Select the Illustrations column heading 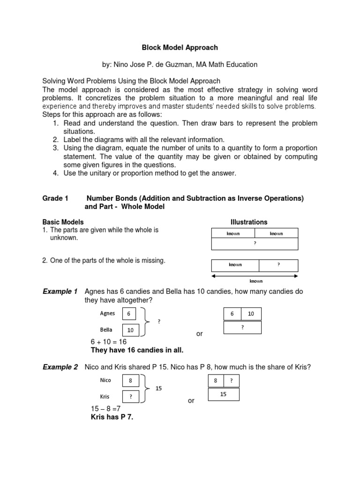click(248, 222)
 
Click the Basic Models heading click(63, 222)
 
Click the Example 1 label click(60, 292)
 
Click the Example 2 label click(60, 367)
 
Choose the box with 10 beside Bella click(130, 330)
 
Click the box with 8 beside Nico click(131, 381)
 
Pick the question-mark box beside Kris click(131, 397)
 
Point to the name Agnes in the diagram click(107, 313)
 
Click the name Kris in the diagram click(105, 397)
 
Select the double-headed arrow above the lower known click(255, 276)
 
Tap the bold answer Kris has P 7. click(112, 417)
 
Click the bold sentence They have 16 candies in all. click(136, 350)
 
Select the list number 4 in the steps click(55, 173)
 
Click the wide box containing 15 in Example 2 click(223, 394)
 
